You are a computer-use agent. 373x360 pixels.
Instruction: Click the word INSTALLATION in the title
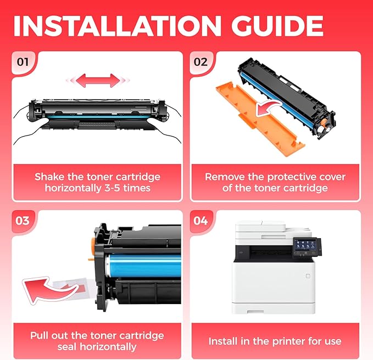(117, 26)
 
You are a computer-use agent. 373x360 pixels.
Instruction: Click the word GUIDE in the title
(277, 26)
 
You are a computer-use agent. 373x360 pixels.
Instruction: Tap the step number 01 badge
(23, 62)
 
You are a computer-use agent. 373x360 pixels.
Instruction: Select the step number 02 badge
(201, 62)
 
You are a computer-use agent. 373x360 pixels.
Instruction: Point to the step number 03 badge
(23, 221)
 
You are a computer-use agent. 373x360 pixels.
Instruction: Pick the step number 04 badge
(201, 221)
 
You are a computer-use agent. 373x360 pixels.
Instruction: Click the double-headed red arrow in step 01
(98, 80)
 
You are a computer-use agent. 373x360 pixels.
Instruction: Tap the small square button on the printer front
(308, 276)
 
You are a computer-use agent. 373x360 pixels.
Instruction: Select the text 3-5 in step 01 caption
(112, 188)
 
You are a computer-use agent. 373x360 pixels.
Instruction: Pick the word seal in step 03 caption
(68, 347)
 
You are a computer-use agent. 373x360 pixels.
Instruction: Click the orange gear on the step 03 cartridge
(93, 245)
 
